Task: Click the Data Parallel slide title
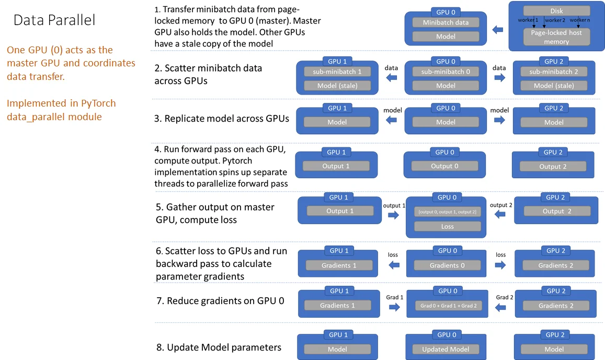(x=54, y=20)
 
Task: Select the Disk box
(x=556, y=10)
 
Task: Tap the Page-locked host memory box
(x=556, y=37)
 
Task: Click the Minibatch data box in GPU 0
(x=446, y=22)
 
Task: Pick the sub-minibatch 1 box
(x=337, y=72)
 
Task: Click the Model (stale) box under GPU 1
(x=337, y=86)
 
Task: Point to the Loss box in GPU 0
(x=447, y=226)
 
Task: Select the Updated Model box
(x=446, y=349)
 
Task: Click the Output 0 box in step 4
(x=444, y=166)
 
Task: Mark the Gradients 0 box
(x=447, y=265)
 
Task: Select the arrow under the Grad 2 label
(x=500, y=308)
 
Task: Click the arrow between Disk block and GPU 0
(x=498, y=30)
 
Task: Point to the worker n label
(x=579, y=20)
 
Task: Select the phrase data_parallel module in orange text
(x=54, y=117)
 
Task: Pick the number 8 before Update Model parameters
(x=158, y=347)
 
